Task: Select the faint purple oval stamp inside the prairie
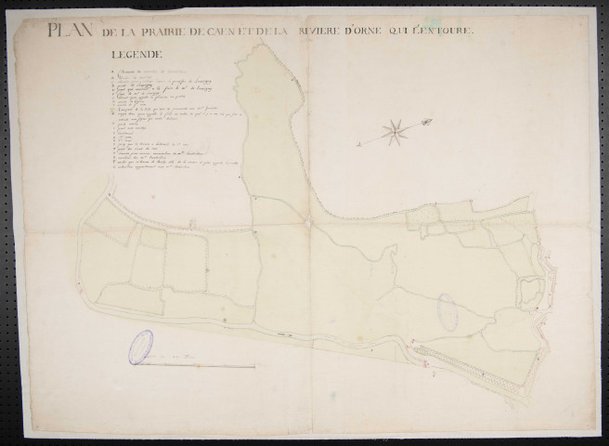[x=447, y=310]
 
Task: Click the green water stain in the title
[x=304, y=32]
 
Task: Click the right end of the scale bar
[x=255, y=365]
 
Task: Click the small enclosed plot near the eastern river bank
[x=529, y=293]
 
